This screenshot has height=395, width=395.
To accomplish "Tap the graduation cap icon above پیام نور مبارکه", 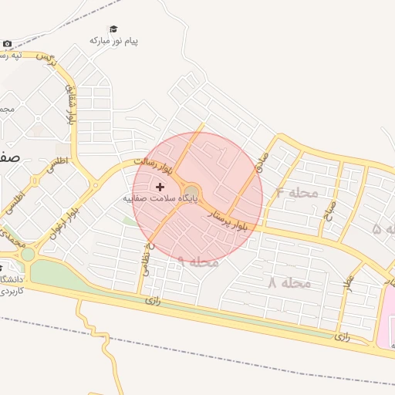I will pos(113,29).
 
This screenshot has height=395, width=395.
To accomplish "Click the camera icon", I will pos(7,44).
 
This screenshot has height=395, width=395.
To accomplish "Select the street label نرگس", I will pos(49,57).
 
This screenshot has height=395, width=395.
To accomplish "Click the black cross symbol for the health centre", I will pos(160,187).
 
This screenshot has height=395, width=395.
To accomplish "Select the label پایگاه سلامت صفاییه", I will pos(161,198).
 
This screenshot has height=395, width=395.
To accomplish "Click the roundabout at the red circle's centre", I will pos(192,192).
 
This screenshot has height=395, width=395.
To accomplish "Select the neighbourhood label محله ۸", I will pos(289,283).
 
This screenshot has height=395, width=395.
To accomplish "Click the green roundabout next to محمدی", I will pos(28,253).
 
